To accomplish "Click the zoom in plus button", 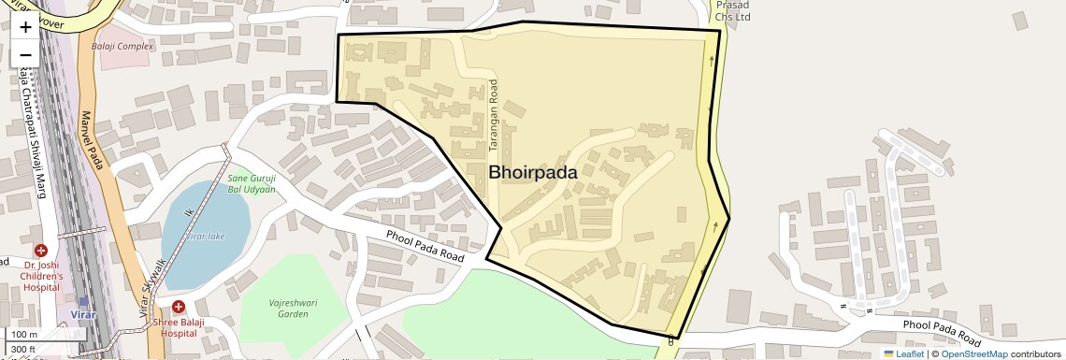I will click(x=25, y=26).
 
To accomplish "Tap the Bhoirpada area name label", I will click(x=533, y=173).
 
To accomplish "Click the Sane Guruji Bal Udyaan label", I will click(x=252, y=183).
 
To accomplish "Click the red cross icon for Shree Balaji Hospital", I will click(x=178, y=307).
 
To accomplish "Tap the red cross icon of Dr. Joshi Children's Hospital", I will click(x=41, y=251).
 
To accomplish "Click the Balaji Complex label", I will click(x=122, y=46).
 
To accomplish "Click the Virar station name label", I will click(x=83, y=315).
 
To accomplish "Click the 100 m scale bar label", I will click(x=24, y=335).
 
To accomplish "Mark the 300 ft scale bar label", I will click(x=23, y=350).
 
